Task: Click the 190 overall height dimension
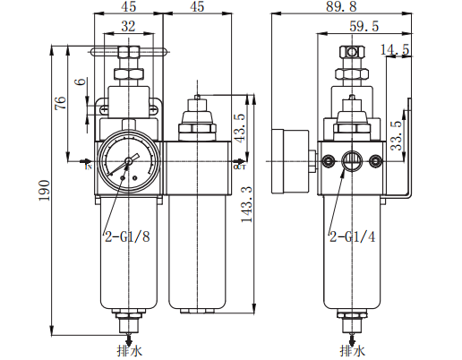coord(45,189)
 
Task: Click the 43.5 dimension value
coord(238,128)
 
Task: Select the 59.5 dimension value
coord(366,28)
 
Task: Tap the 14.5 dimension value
coord(394,49)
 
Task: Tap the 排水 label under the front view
coord(129,350)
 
